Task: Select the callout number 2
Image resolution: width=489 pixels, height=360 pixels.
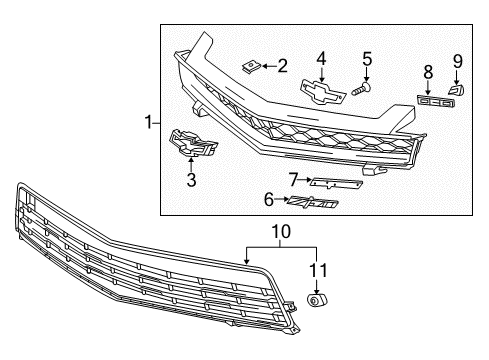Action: click(283, 67)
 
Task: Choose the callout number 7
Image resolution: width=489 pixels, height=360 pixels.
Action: click(292, 179)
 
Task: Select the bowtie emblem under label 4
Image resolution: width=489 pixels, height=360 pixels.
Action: click(322, 89)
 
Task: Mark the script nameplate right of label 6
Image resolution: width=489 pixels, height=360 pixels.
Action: click(314, 203)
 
